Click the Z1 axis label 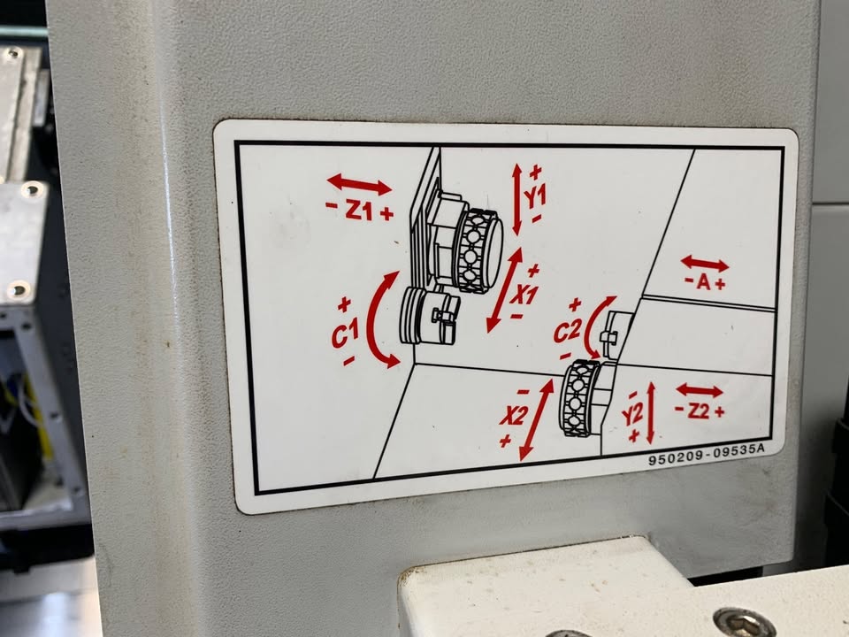(359, 211)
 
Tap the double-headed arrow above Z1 (359, 184)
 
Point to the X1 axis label (524, 295)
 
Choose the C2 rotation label (568, 330)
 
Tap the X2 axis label (513, 416)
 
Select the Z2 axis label (699, 411)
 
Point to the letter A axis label (704, 281)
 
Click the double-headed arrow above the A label (705, 264)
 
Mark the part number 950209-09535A (706, 454)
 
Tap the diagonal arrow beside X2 (536, 419)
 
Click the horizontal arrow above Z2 (699, 390)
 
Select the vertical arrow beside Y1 (517, 199)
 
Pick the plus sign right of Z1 (386, 214)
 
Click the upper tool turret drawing (477, 250)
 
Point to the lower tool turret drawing (578, 397)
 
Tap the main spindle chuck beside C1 (430, 317)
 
